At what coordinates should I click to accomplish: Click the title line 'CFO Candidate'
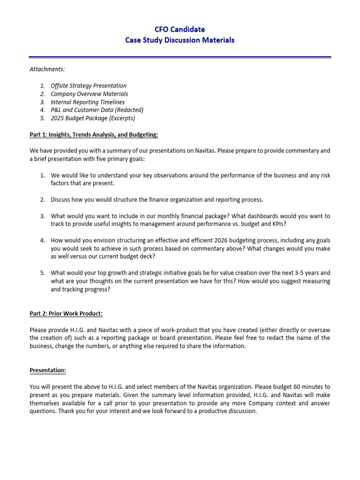pos(180,30)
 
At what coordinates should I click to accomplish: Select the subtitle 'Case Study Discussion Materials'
pos(180,40)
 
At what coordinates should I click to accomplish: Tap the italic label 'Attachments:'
pos(47,69)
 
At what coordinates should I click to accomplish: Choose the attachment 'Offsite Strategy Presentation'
pos(89,86)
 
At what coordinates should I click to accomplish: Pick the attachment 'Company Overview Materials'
pos(89,94)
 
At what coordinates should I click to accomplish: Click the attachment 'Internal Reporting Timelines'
pos(88,102)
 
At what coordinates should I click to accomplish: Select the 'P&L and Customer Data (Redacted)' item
pos(97,110)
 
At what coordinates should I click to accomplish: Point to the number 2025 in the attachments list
pos(58,118)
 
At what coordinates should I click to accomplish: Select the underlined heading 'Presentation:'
pos(48,370)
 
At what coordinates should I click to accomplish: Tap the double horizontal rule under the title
pos(180,58)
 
